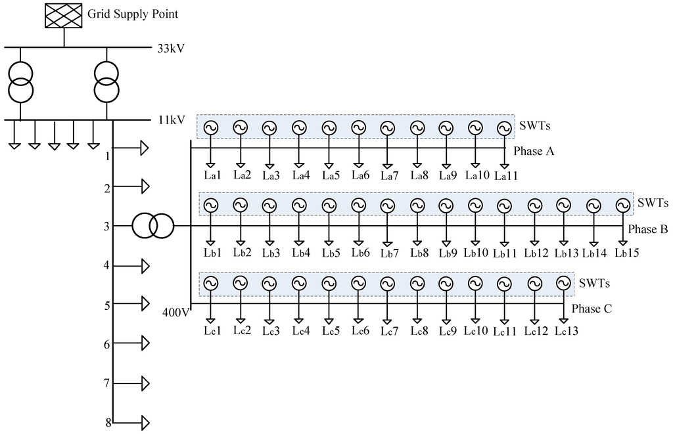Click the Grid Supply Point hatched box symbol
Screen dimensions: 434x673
(x=63, y=16)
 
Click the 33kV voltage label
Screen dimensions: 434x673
(x=170, y=49)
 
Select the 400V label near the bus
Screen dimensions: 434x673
(x=175, y=311)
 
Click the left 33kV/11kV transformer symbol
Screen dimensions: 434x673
(x=20, y=83)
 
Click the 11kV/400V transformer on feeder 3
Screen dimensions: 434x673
(x=152, y=226)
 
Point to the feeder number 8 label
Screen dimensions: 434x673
(x=108, y=422)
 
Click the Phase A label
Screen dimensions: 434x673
(x=534, y=152)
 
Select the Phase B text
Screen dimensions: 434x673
(x=648, y=229)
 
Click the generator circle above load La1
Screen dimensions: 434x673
(x=211, y=128)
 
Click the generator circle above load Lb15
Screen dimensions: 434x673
(x=622, y=206)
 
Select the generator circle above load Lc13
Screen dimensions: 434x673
(x=563, y=283)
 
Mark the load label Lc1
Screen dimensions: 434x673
(x=211, y=331)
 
